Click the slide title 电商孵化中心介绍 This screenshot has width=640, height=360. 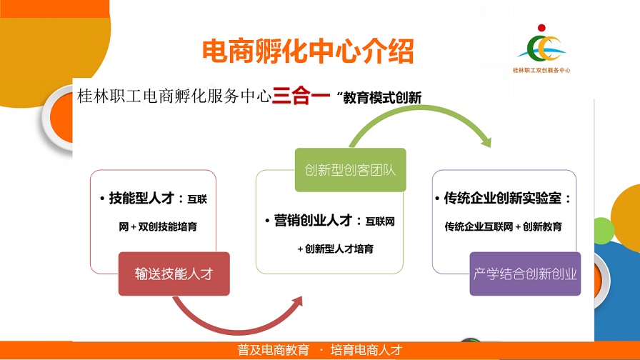308,51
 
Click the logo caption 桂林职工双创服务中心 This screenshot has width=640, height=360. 541,71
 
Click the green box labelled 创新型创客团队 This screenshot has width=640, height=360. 350,170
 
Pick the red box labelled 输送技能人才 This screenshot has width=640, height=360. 174,274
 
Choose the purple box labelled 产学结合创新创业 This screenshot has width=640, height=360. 524,274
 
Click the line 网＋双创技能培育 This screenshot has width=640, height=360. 158,226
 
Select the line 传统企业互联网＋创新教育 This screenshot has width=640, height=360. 503,226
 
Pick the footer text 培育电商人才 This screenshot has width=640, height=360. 366,351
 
